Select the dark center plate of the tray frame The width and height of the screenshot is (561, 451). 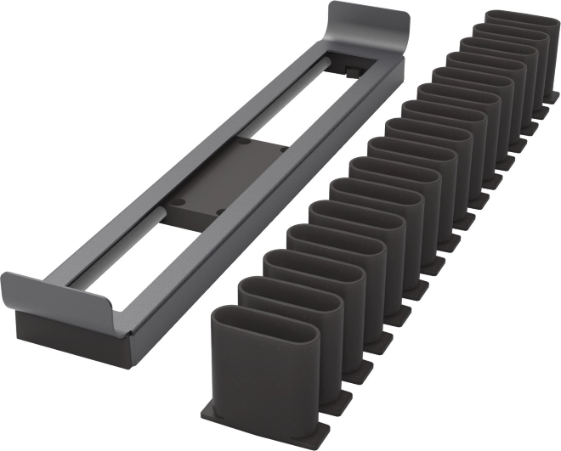click(225, 178)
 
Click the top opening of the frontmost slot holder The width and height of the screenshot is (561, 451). click(265, 327)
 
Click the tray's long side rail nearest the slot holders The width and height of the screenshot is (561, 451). click(255, 221)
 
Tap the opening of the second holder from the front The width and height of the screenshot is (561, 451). click(289, 295)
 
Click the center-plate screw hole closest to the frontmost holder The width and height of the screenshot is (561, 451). click(219, 211)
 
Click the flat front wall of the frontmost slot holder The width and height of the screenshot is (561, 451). click(263, 382)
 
